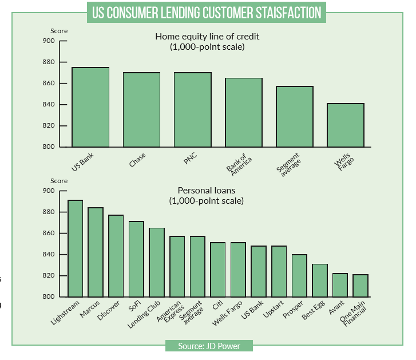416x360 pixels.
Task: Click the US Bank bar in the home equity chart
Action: point(90,107)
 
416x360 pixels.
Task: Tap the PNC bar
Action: point(193,109)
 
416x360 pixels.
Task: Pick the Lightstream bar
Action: point(76,248)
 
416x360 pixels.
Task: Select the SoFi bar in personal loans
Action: point(136,259)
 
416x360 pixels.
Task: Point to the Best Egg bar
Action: point(320,280)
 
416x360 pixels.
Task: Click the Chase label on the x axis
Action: point(137,161)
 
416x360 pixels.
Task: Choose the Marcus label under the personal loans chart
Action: point(92,308)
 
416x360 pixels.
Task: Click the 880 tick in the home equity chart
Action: point(48,62)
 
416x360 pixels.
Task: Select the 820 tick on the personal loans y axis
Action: point(48,275)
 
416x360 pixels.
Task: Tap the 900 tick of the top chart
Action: point(48,41)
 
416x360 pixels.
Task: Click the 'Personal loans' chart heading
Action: point(207,191)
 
